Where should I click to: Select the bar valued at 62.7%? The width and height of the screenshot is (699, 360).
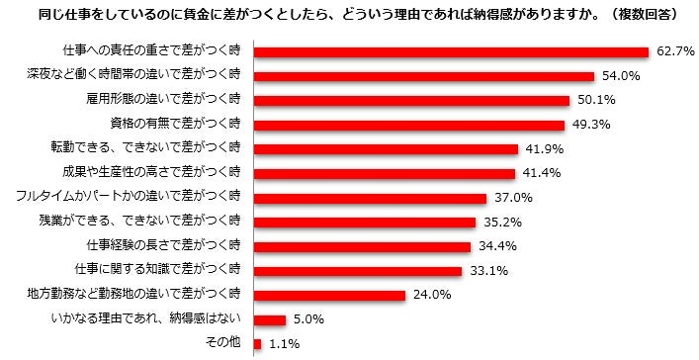click(x=451, y=51)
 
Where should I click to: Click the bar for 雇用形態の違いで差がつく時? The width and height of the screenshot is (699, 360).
click(x=411, y=100)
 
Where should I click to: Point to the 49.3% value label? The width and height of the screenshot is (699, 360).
click(x=589, y=125)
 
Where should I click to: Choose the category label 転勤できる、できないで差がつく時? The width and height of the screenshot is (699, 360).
click(x=161, y=148)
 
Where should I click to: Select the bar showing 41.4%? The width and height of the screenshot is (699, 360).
click(x=385, y=173)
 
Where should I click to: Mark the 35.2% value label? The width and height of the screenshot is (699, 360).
click(x=503, y=222)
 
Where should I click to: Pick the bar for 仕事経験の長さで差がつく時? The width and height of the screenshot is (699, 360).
click(x=362, y=245)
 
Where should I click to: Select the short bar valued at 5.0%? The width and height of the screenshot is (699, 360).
click(x=270, y=318)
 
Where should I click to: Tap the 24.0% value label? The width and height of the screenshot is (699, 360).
click(x=432, y=295)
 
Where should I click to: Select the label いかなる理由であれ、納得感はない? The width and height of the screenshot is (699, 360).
click(x=145, y=318)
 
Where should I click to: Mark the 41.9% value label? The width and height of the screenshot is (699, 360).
click(x=545, y=149)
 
